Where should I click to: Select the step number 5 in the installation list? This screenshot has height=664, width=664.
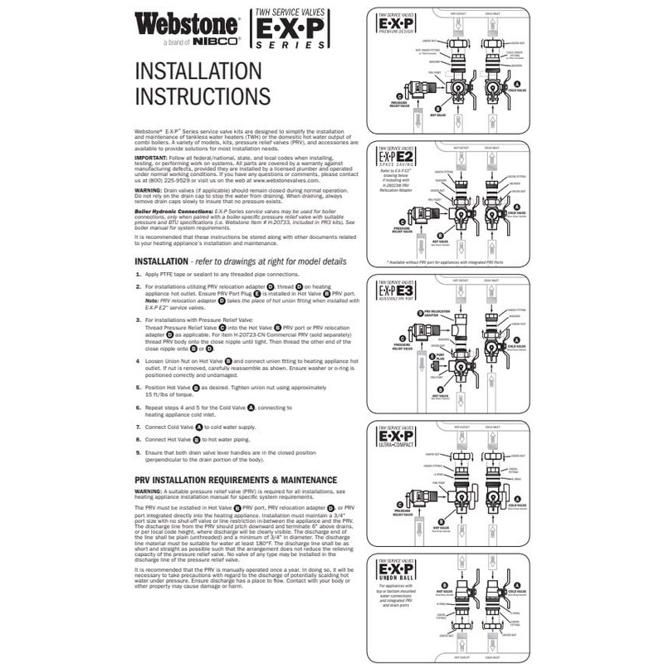138,387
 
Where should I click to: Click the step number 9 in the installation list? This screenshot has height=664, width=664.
138,452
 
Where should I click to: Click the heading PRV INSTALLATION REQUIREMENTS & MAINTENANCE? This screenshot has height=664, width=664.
236,480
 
